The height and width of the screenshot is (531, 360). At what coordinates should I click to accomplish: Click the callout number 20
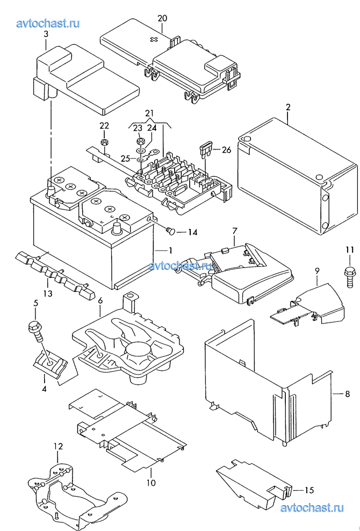click(162, 18)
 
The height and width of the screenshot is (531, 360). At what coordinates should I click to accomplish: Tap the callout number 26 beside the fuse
click(226, 149)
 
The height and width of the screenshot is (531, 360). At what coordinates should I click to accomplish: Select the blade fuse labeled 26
click(206, 150)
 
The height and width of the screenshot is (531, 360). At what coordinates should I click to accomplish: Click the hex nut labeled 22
click(104, 142)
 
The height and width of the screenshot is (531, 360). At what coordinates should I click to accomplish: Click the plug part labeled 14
click(171, 231)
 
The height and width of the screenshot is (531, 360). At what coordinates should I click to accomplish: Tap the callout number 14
click(192, 232)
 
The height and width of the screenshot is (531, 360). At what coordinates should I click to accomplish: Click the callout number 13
click(48, 293)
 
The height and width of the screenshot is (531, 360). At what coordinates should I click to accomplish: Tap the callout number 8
click(347, 394)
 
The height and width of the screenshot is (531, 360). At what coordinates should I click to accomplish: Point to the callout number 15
click(309, 490)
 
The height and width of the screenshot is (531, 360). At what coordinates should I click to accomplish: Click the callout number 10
click(152, 482)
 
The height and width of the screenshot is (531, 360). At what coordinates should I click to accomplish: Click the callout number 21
click(149, 112)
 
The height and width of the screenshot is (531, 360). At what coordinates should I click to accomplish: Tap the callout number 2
click(288, 107)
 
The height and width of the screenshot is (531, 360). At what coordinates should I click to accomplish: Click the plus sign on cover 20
click(154, 39)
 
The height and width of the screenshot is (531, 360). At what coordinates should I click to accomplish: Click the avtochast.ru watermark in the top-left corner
click(48, 23)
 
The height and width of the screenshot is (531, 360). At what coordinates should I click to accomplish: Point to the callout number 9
click(317, 270)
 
